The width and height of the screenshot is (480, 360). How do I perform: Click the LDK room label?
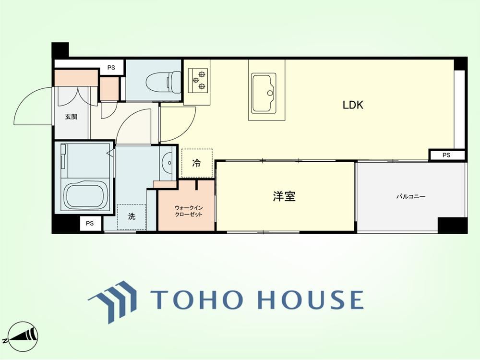click(x=353, y=105)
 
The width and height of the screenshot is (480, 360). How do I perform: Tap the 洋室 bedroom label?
click(x=284, y=196)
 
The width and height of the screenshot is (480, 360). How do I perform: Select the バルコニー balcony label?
click(x=411, y=196)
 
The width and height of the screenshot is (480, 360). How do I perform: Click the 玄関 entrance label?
click(x=71, y=117)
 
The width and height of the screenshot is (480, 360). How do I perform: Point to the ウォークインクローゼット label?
click(x=189, y=211)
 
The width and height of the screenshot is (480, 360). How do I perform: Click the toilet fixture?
click(x=164, y=81)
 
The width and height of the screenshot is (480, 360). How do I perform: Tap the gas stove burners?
click(x=198, y=80)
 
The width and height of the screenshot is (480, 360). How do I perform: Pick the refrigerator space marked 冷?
click(x=196, y=163)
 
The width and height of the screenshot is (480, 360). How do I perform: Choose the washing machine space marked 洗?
click(x=132, y=217)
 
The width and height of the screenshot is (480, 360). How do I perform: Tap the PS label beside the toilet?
click(x=111, y=68)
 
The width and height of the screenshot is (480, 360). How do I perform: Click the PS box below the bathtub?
click(x=90, y=224)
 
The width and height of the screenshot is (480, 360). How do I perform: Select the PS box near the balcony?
click(x=446, y=155)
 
